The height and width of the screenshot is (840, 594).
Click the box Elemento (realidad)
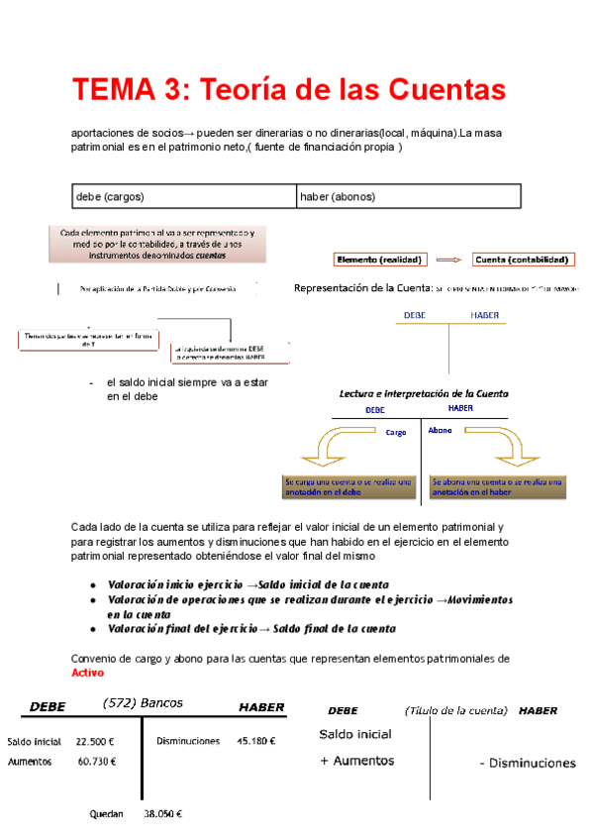coord(380,260)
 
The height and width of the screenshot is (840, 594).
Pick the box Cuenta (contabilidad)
coord(523,260)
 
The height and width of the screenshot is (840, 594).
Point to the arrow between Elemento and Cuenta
coord(449,260)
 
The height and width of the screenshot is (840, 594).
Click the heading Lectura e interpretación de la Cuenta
coord(424,393)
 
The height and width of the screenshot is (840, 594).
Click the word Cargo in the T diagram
coord(396,433)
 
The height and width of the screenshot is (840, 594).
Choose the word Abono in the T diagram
coord(441,430)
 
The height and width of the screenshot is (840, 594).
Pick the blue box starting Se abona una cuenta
coord(496,486)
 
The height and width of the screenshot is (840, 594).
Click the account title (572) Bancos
coord(144,703)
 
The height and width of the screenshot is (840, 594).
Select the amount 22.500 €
coord(96,741)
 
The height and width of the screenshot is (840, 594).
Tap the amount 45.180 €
coord(256,741)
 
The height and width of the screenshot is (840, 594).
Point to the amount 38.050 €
coord(163,814)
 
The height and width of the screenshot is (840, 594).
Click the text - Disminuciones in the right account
coord(527,763)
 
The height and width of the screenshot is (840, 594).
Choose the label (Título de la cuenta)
coord(455,710)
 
